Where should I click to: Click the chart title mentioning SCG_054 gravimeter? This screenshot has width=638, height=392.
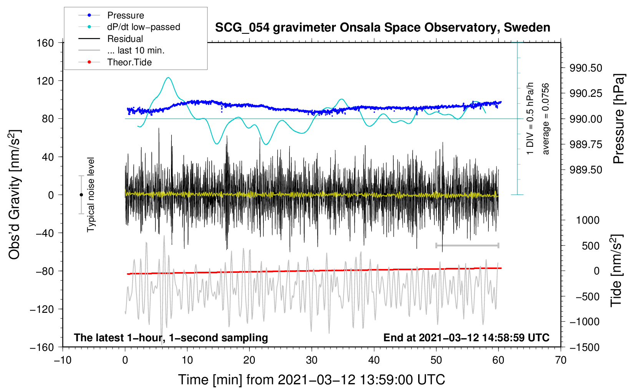(x=382, y=28)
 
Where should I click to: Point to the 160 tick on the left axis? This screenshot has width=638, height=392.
(x=45, y=43)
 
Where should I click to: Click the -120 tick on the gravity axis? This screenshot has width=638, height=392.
(x=42, y=309)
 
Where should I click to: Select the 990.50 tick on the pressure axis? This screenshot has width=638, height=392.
(x=586, y=68)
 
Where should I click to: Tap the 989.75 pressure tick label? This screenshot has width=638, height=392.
(x=586, y=145)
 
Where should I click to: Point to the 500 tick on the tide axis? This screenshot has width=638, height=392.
(x=590, y=246)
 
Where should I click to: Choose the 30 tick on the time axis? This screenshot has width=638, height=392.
(x=312, y=360)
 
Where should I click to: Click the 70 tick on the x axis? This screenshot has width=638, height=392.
(x=560, y=360)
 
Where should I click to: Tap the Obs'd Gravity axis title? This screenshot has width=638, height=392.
(x=14, y=194)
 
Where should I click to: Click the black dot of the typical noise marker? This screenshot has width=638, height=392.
(x=81, y=195)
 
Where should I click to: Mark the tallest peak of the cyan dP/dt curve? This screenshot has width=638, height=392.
(x=168, y=78)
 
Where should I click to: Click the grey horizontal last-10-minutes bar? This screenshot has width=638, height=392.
(x=467, y=245)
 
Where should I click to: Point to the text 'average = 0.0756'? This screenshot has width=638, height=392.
(x=545, y=119)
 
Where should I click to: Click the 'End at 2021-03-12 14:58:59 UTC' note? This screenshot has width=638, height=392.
(x=466, y=337)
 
